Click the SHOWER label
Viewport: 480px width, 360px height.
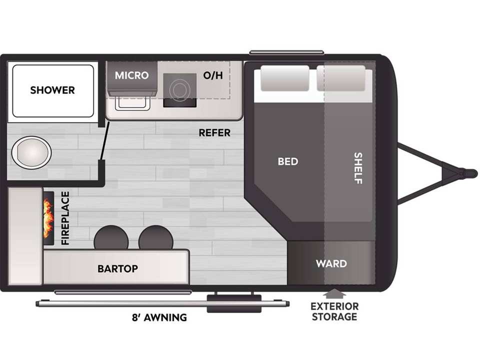click(x=52, y=90)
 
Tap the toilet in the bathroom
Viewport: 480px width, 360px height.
click(x=31, y=152)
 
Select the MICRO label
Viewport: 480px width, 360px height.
click(x=131, y=75)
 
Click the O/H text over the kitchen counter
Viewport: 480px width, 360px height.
click(x=213, y=75)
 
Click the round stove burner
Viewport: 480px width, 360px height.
click(x=179, y=89)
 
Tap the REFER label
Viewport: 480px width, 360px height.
click(x=214, y=133)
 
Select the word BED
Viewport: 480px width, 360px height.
click(x=288, y=161)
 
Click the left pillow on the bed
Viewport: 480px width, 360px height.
click(x=284, y=78)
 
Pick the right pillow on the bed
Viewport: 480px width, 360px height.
click(x=341, y=78)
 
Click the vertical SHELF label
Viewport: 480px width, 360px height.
click(x=358, y=168)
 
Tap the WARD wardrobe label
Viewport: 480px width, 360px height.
click(x=331, y=263)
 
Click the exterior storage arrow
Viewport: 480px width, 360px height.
click(x=334, y=293)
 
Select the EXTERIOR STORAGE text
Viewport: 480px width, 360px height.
click(x=334, y=311)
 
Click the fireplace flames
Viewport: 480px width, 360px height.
click(x=48, y=218)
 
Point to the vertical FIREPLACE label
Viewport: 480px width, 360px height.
click(x=65, y=218)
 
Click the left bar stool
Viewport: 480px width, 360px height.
click(x=111, y=238)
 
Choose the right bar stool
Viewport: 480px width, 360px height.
click(x=156, y=238)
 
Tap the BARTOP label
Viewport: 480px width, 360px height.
click(x=117, y=269)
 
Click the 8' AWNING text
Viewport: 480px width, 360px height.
click(x=159, y=317)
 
